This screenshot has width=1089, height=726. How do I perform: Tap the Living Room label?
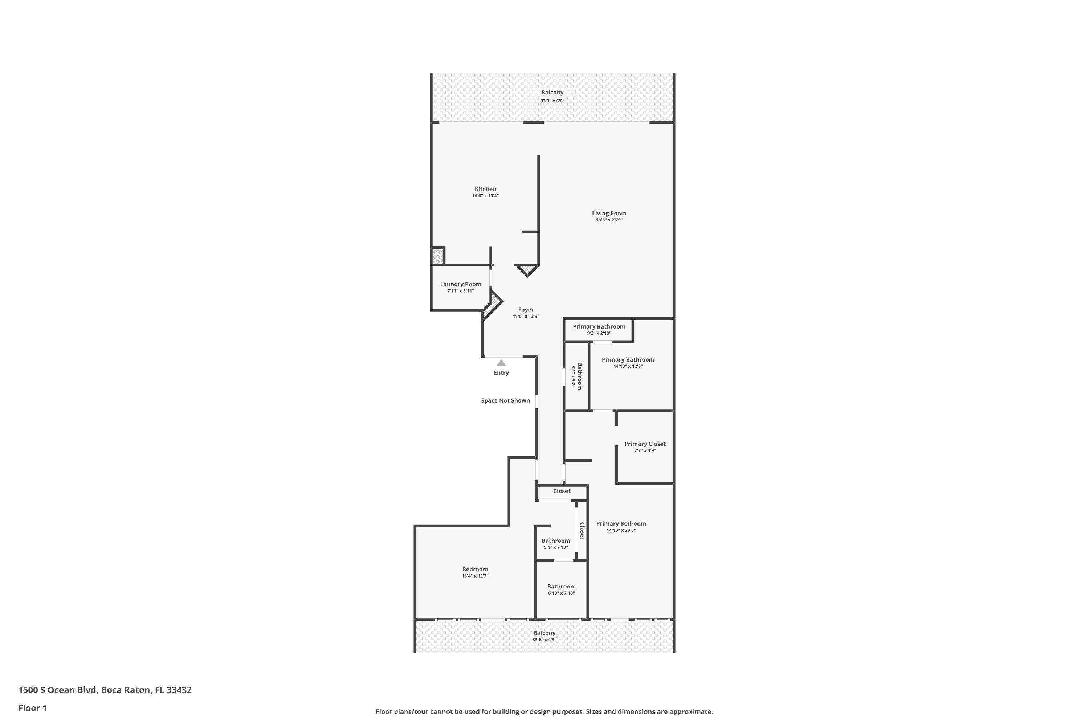coord(609,213)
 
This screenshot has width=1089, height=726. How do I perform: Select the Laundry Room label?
coord(460,284)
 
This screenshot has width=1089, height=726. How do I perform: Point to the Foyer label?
coord(526,310)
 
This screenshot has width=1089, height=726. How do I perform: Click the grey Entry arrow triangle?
coord(501,363)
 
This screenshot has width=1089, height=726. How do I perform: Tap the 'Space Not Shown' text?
coord(505,400)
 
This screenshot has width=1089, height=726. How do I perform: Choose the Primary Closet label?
coord(645,444)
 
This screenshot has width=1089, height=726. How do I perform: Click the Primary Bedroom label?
coord(621,524)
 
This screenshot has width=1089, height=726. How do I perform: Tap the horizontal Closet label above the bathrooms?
coord(562,491)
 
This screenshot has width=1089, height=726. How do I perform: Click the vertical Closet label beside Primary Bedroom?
coord(582,531)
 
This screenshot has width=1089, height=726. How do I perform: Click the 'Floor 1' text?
coord(32,708)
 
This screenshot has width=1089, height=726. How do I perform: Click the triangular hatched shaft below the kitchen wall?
coord(527,269)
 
